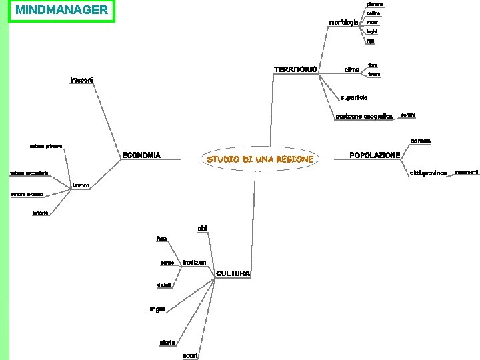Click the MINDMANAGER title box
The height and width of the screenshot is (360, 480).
tap(61, 11)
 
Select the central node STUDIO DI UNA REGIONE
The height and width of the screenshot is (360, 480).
tap(260, 159)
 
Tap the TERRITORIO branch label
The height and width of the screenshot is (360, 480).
tap(295, 69)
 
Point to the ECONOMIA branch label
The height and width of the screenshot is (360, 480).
tap(141, 155)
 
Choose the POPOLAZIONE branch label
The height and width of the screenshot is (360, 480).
tap(375, 155)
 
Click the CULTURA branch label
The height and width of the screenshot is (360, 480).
tap(233, 273)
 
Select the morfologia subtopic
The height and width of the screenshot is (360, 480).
tap(344, 23)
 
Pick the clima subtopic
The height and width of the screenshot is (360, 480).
tap(351, 69)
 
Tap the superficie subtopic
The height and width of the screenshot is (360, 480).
tap(353, 97)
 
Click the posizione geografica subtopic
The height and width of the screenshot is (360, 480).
tap(364, 116)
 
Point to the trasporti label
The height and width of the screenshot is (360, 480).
tap(82, 81)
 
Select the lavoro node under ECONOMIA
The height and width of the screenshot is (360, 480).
tap(81, 184)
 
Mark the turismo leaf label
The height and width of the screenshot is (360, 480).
tap(41, 213)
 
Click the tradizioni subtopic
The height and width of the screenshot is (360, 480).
tap(195, 262)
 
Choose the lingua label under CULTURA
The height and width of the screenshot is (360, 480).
tap(157, 309)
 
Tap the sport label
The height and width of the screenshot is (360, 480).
tap(190, 355)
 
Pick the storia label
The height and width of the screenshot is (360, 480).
tap(167, 342)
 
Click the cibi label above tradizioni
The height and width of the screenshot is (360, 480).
tap(202, 229)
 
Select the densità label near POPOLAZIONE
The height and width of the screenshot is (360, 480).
tap(420, 141)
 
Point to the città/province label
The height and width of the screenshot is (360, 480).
tap(428, 173)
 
